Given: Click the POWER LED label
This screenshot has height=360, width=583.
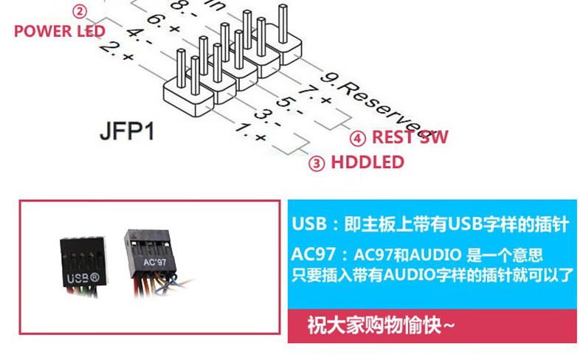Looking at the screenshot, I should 59,31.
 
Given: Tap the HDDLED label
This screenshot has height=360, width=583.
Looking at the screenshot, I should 367,162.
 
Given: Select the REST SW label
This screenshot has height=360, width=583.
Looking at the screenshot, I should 410,137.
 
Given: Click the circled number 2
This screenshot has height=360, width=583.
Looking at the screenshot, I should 79,11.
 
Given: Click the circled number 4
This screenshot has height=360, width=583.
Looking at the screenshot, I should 357,138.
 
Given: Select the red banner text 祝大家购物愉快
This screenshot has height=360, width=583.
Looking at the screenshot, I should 381,325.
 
